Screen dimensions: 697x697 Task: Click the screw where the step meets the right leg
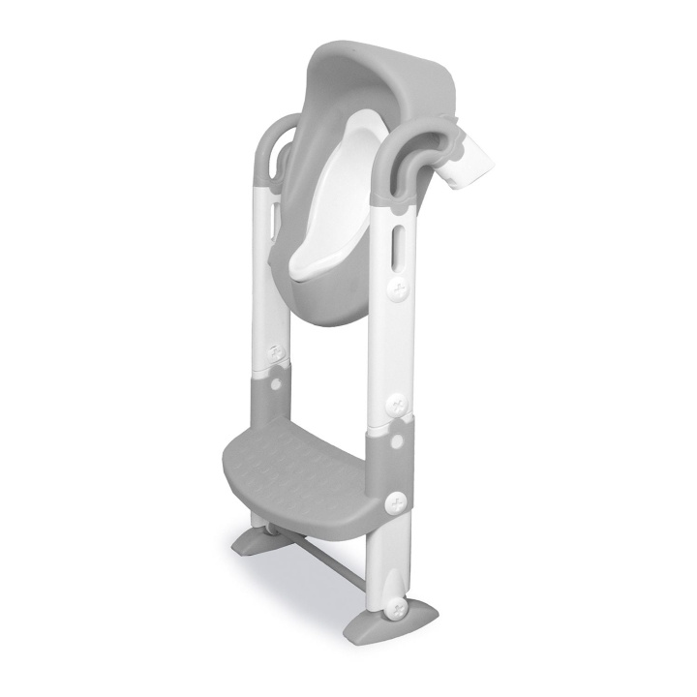tap(395, 502)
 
